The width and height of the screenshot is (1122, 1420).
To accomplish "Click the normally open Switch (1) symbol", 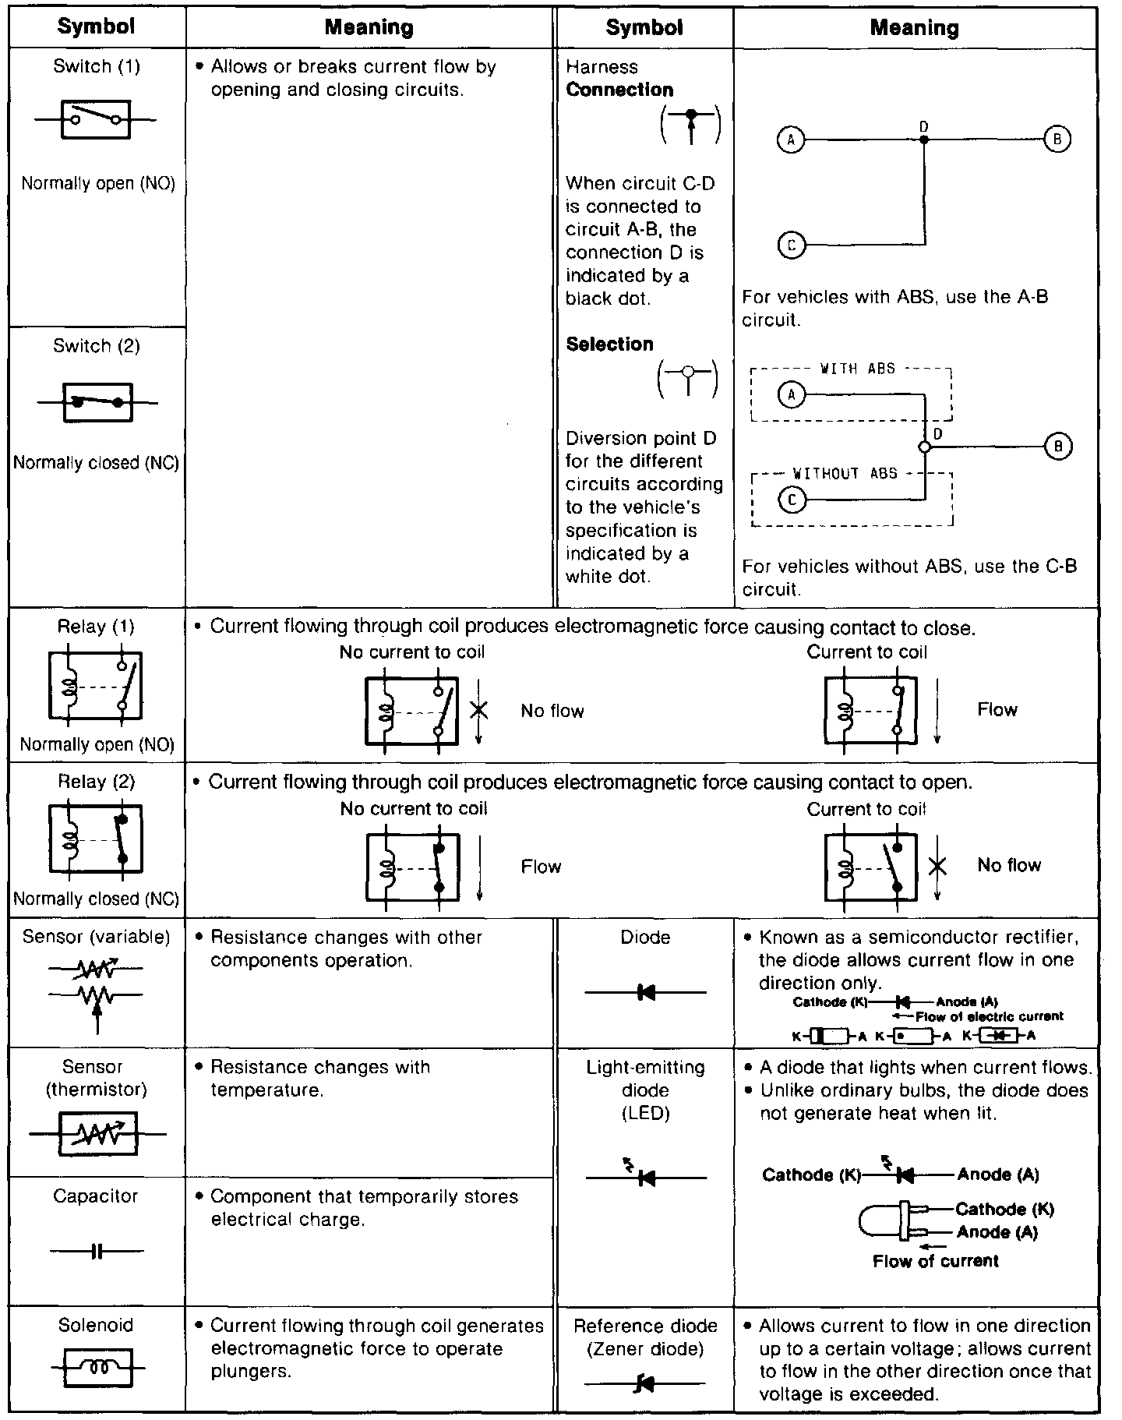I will (x=96, y=120).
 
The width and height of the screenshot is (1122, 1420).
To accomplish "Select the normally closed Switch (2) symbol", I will (x=97, y=402).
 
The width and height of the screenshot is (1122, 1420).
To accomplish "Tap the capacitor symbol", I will (x=97, y=1252).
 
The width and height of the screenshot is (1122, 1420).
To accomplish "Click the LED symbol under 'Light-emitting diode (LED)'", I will (x=645, y=1178).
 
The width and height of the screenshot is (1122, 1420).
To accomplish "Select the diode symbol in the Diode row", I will (x=645, y=992).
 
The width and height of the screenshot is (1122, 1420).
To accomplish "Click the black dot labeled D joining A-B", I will (x=924, y=140).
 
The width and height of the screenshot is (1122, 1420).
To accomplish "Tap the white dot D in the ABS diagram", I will (x=924, y=447).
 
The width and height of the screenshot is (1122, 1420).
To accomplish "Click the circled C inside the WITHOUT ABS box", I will (x=792, y=499).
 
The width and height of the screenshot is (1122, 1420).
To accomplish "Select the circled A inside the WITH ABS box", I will (x=792, y=395).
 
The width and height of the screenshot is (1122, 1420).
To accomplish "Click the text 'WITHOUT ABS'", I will (x=845, y=474).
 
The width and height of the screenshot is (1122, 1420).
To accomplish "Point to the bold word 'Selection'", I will (x=609, y=344).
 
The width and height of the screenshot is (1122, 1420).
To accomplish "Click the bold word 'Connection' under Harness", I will (x=619, y=90).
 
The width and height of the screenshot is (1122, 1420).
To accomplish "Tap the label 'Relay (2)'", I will (x=97, y=782).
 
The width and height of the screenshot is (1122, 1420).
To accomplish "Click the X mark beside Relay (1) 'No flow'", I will (x=478, y=710).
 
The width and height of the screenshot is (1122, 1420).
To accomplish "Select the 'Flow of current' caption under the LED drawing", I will (x=935, y=1261).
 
